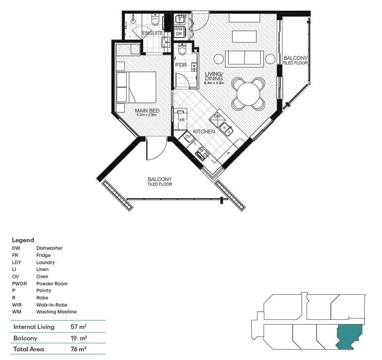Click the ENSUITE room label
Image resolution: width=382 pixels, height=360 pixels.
click(x=152, y=33)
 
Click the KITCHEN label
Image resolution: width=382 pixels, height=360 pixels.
click(x=204, y=131)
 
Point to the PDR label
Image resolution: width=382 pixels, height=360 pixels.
click(x=180, y=65)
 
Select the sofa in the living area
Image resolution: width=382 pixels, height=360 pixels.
click(x=244, y=58)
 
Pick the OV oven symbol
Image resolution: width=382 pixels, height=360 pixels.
click(x=188, y=136)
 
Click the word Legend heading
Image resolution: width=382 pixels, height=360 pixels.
click(x=23, y=240)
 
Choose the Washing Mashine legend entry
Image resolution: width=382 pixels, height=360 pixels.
click(x=56, y=312)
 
